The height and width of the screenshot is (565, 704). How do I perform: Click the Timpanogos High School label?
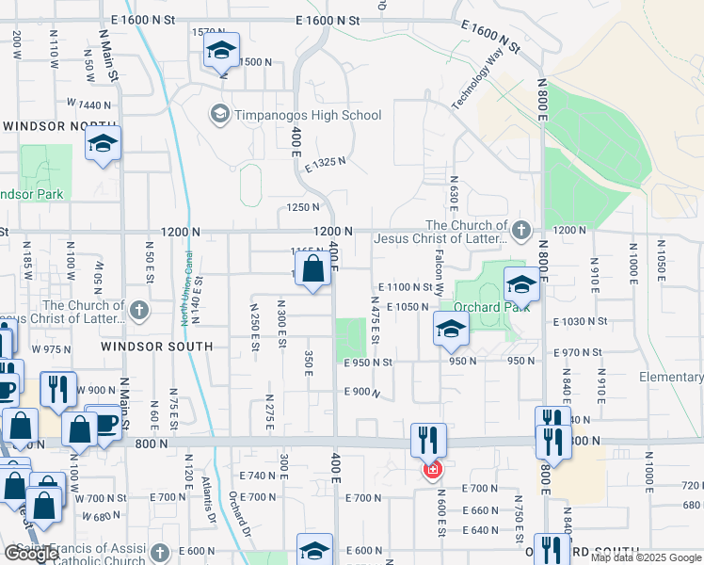(307, 115)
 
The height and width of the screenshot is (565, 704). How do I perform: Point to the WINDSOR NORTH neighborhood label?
(47, 125)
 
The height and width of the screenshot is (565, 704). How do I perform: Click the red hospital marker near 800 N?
(432, 469)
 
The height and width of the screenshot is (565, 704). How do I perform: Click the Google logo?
(31, 554)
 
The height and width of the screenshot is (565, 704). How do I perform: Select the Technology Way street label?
(478, 77)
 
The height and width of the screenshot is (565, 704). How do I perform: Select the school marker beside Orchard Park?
(521, 283)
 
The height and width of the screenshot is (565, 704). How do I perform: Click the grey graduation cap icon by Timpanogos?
(219, 115)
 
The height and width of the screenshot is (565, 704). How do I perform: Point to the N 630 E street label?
(454, 194)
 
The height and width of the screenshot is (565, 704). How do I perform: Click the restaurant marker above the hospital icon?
(427, 439)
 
